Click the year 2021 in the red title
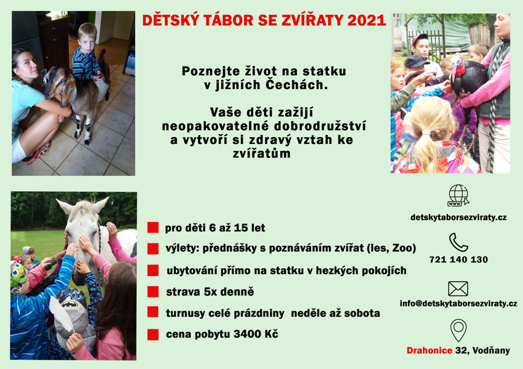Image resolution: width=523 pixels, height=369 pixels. [366, 20]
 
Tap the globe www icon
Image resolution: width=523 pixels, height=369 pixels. [458, 196]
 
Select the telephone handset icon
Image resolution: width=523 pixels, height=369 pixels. [458, 242]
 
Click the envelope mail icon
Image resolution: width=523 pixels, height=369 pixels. [458, 288]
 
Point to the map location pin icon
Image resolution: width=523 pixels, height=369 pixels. [458, 330]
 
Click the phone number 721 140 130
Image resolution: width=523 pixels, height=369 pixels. [458, 260]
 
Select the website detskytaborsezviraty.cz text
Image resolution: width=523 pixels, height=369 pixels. [458, 218]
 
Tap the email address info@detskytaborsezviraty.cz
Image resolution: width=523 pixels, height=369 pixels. [458, 304]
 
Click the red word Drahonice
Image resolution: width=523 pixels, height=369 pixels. [429, 351]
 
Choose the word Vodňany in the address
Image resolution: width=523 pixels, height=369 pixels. [491, 351]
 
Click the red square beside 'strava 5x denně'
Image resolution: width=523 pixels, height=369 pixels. [153, 292]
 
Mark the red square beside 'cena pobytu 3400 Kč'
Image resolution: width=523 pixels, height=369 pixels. [153, 335]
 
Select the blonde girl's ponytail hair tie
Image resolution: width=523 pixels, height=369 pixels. [426, 133]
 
